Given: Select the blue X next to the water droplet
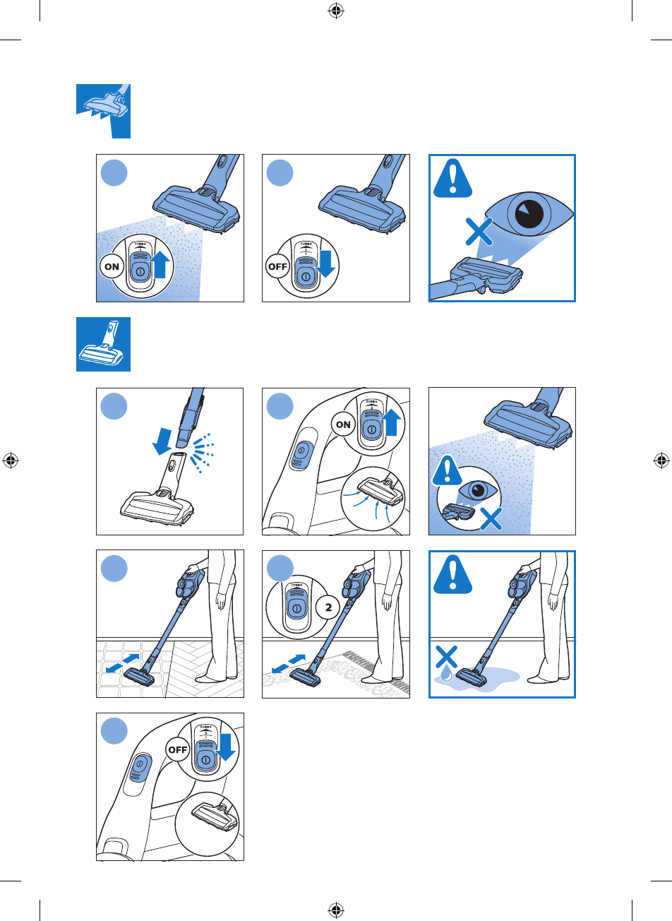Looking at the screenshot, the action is [x=447, y=658].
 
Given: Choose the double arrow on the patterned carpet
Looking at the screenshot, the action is [x=289, y=662].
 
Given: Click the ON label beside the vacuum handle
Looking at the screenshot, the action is [x=344, y=425].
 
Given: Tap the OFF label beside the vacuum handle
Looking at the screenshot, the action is [x=178, y=750].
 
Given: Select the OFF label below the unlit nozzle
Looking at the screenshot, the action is [x=278, y=267].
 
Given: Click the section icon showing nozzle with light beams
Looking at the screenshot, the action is [x=103, y=111].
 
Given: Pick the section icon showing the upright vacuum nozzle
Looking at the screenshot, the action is [x=103, y=344].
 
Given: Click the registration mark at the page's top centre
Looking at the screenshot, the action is [x=336, y=11].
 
